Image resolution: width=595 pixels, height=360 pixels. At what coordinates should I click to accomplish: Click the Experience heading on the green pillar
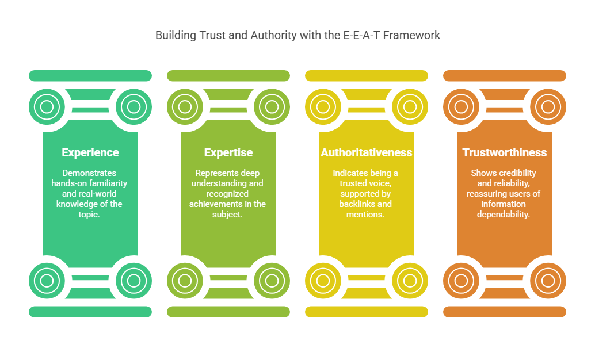point(90,152)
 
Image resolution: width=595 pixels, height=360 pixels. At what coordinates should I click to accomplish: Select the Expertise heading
point(228,152)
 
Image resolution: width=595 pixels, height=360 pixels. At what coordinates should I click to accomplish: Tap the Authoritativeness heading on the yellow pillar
point(367,152)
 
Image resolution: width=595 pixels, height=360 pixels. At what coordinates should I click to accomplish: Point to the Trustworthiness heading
point(505,152)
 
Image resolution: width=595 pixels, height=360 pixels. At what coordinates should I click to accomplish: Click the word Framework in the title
point(411,35)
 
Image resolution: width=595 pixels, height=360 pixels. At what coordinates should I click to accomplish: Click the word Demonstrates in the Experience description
point(89,173)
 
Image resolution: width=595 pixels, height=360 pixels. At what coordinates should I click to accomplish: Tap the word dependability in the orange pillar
point(503,215)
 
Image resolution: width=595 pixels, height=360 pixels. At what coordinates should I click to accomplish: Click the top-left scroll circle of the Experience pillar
point(47,107)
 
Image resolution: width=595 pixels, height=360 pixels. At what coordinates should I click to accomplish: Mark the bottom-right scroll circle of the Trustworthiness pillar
point(548,281)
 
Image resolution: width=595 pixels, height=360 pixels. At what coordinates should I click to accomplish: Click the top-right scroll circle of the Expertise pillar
point(272,107)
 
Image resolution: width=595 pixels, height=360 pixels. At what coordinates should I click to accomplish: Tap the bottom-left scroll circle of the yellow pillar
point(323,281)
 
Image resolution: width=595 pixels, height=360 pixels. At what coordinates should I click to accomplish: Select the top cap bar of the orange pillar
point(505,76)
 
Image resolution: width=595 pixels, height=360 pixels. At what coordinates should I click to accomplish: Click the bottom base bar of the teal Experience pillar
point(90,312)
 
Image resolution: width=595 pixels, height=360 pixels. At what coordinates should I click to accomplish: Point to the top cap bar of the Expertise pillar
point(228,76)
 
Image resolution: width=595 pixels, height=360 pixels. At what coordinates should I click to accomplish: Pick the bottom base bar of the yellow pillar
point(367,312)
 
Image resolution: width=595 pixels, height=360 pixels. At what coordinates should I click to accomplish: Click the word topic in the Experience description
point(88,215)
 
